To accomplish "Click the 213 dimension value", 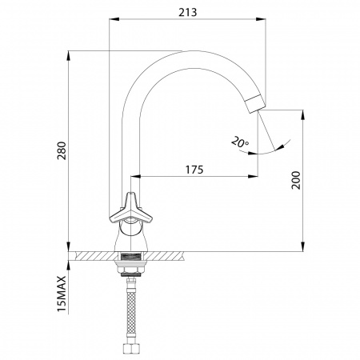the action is [x=187, y=12].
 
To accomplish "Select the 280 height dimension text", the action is [x=62, y=150].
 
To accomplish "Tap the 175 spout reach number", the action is [x=194, y=170].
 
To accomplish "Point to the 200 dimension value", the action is [x=295, y=180].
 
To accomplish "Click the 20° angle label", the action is [x=239, y=142].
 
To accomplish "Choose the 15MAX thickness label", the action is [x=62, y=294].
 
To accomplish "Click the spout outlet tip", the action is [x=255, y=105].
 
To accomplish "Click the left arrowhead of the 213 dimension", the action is [x=114, y=19].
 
